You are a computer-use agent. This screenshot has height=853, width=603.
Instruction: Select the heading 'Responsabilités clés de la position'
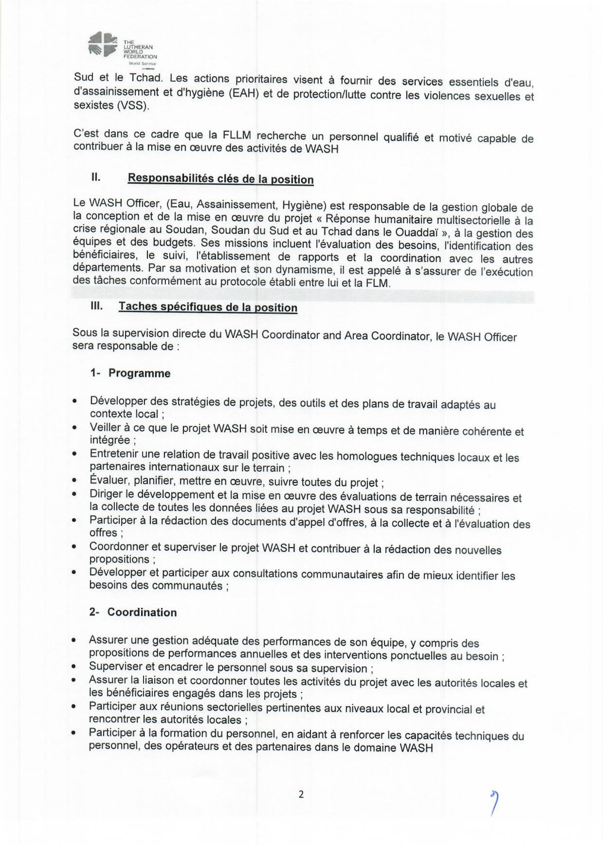click(220, 179)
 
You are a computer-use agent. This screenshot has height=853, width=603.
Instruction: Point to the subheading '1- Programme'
click(130, 373)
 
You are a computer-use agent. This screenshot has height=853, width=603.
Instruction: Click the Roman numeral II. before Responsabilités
click(96, 177)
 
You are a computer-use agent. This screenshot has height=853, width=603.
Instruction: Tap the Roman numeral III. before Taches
click(96, 306)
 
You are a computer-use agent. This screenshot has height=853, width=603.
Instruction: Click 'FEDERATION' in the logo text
click(140, 57)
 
